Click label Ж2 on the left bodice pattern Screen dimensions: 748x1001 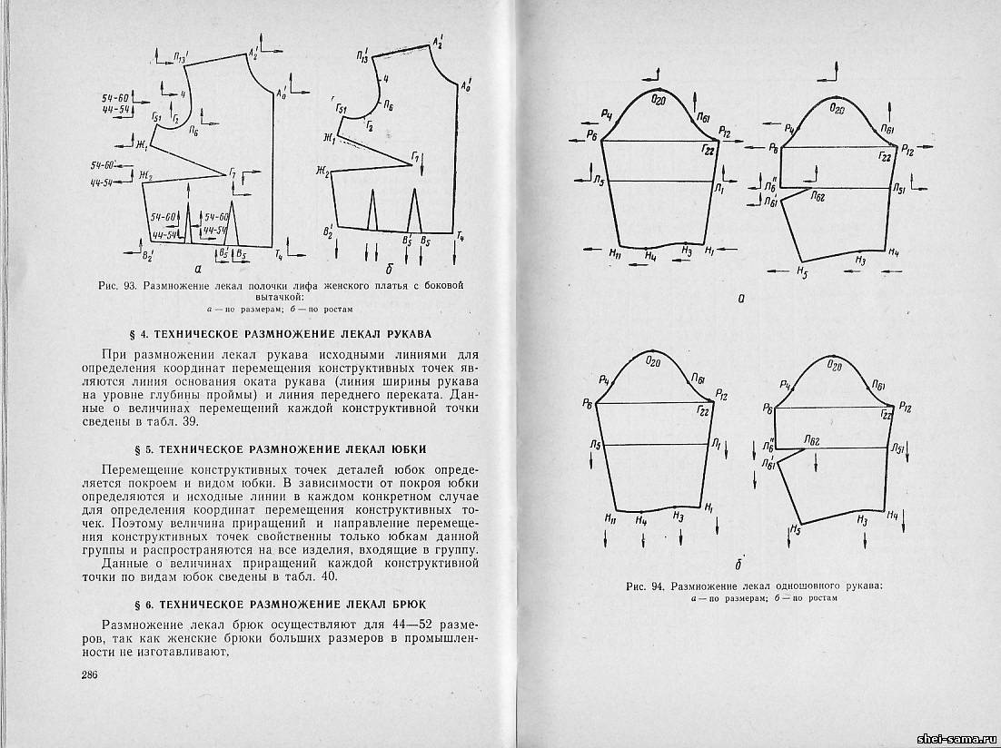[x=144, y=174]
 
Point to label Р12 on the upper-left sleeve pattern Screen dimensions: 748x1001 [x=724, y=133]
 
